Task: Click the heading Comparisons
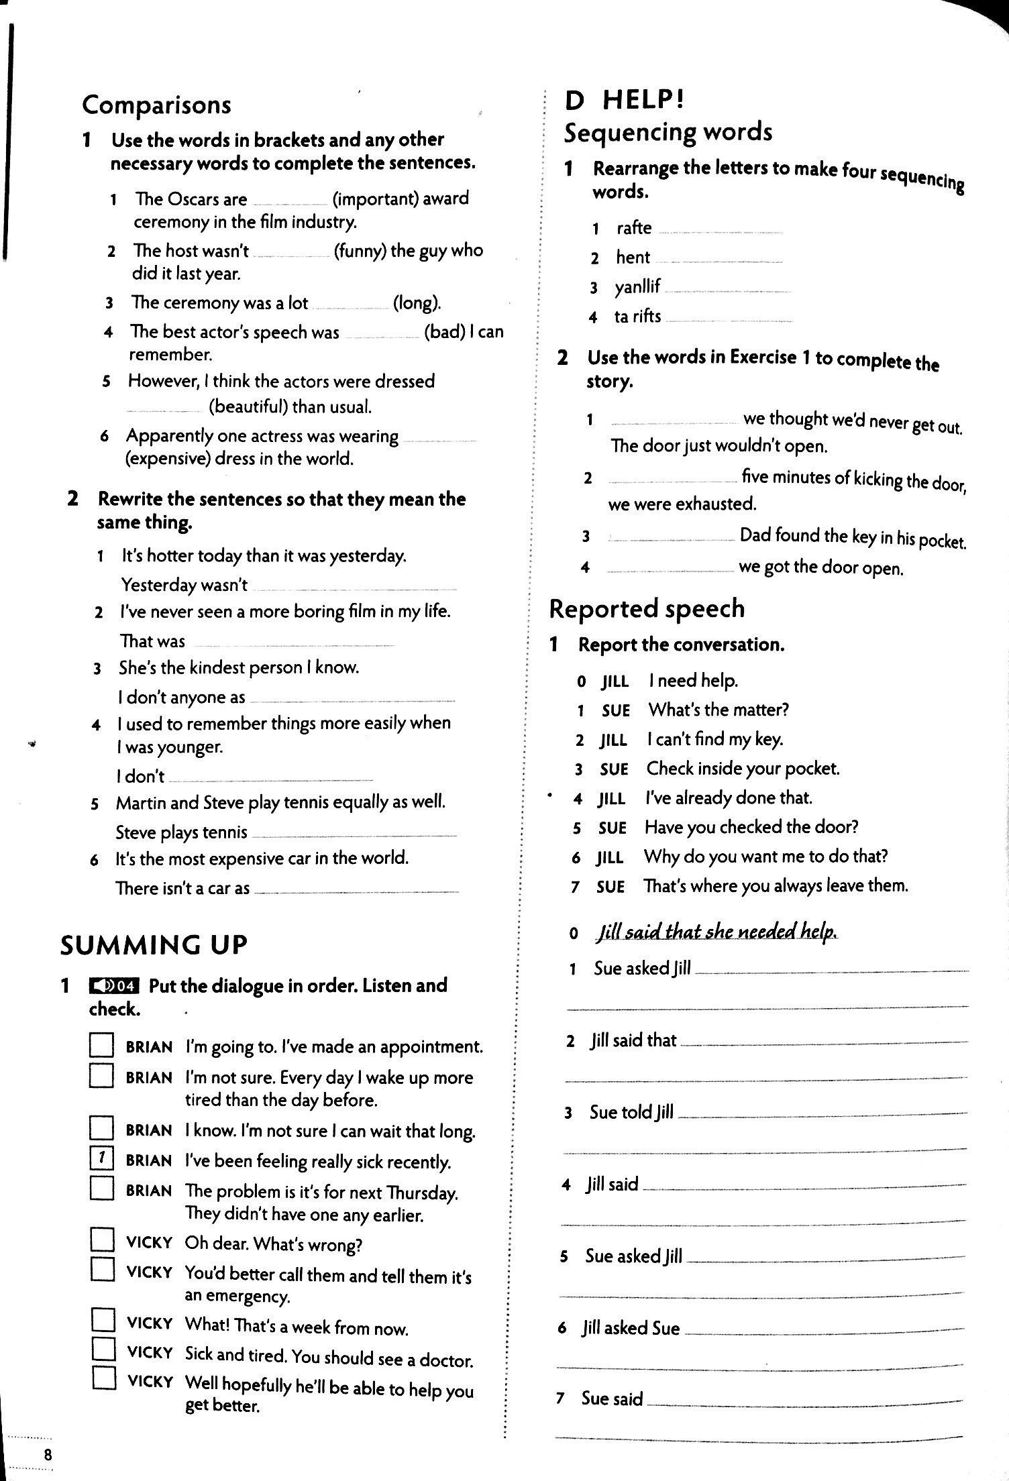[x=156, y=105]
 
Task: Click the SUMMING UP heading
[x=154, y=945]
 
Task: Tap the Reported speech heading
[x=647, y=608]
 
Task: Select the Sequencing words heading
[x=668, y=132]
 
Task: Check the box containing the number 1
[x=101, y=1158]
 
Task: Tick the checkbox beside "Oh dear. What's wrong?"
[x=102, y=1240]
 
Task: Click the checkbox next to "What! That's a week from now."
[x=103, y=1320]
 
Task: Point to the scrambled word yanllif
[x=637, y=287]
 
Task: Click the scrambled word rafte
[x=634, y=228]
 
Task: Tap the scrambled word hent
[x=633, y=258]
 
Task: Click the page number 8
[x=48, y=1455]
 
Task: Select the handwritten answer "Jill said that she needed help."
[x=716, y=932]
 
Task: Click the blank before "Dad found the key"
[x=671, y=539]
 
